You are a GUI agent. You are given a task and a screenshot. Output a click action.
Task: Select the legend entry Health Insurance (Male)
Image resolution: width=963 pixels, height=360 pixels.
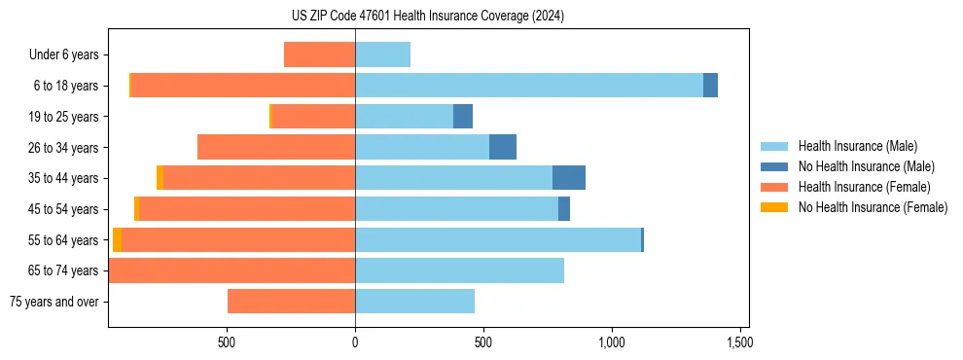point(857,146)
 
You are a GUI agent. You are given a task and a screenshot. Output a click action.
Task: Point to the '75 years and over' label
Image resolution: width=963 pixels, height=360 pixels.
point(54,302)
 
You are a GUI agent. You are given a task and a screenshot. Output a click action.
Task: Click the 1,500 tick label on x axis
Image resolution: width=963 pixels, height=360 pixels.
point(739,343)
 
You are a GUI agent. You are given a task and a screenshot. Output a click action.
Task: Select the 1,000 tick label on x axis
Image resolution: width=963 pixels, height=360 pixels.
point(611,343)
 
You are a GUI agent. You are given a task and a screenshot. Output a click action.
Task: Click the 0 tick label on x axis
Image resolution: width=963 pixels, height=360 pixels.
point(355,343)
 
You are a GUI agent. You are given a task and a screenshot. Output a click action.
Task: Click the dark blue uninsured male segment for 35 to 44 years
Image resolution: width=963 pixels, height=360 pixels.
point(569,178)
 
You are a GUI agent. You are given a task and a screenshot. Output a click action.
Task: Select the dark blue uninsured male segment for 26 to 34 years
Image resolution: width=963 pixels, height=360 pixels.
point(503,147)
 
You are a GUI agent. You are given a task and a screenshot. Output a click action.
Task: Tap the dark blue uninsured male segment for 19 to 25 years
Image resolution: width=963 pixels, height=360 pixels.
point(463,117)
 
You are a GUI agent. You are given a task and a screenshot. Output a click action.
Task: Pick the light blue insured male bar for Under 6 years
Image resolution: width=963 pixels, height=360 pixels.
point(382,54)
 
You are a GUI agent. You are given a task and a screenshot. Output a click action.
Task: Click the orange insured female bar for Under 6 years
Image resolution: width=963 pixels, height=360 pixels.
point(319,54)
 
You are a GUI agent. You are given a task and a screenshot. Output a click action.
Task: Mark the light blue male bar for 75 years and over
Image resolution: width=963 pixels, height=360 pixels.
point(414,302)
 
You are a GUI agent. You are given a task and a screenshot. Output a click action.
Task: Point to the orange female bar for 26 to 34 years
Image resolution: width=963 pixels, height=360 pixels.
point(276,147)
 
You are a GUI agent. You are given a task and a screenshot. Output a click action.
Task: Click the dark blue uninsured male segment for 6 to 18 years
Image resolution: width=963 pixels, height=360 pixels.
point(710,86)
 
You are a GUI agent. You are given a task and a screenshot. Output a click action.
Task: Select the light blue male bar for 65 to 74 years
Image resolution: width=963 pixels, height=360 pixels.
point(459,270)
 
